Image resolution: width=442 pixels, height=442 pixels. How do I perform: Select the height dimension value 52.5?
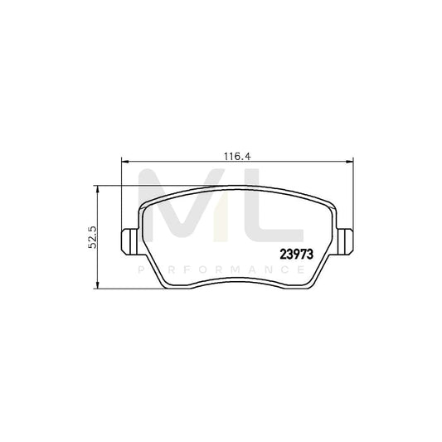click(94, 237)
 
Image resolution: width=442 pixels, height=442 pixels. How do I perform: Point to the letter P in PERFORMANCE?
click(140, 271)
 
